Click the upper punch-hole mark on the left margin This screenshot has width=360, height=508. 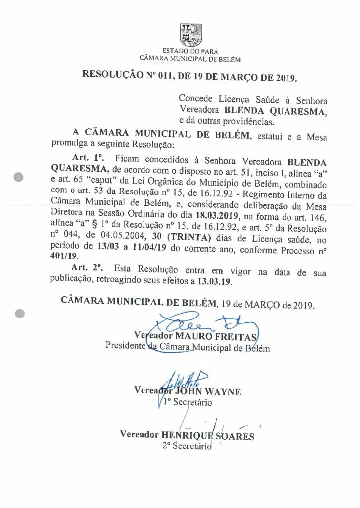pyautogui.click(x=20, y=176)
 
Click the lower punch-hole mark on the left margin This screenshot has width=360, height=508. pyautogui.click(x=20, y=313)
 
